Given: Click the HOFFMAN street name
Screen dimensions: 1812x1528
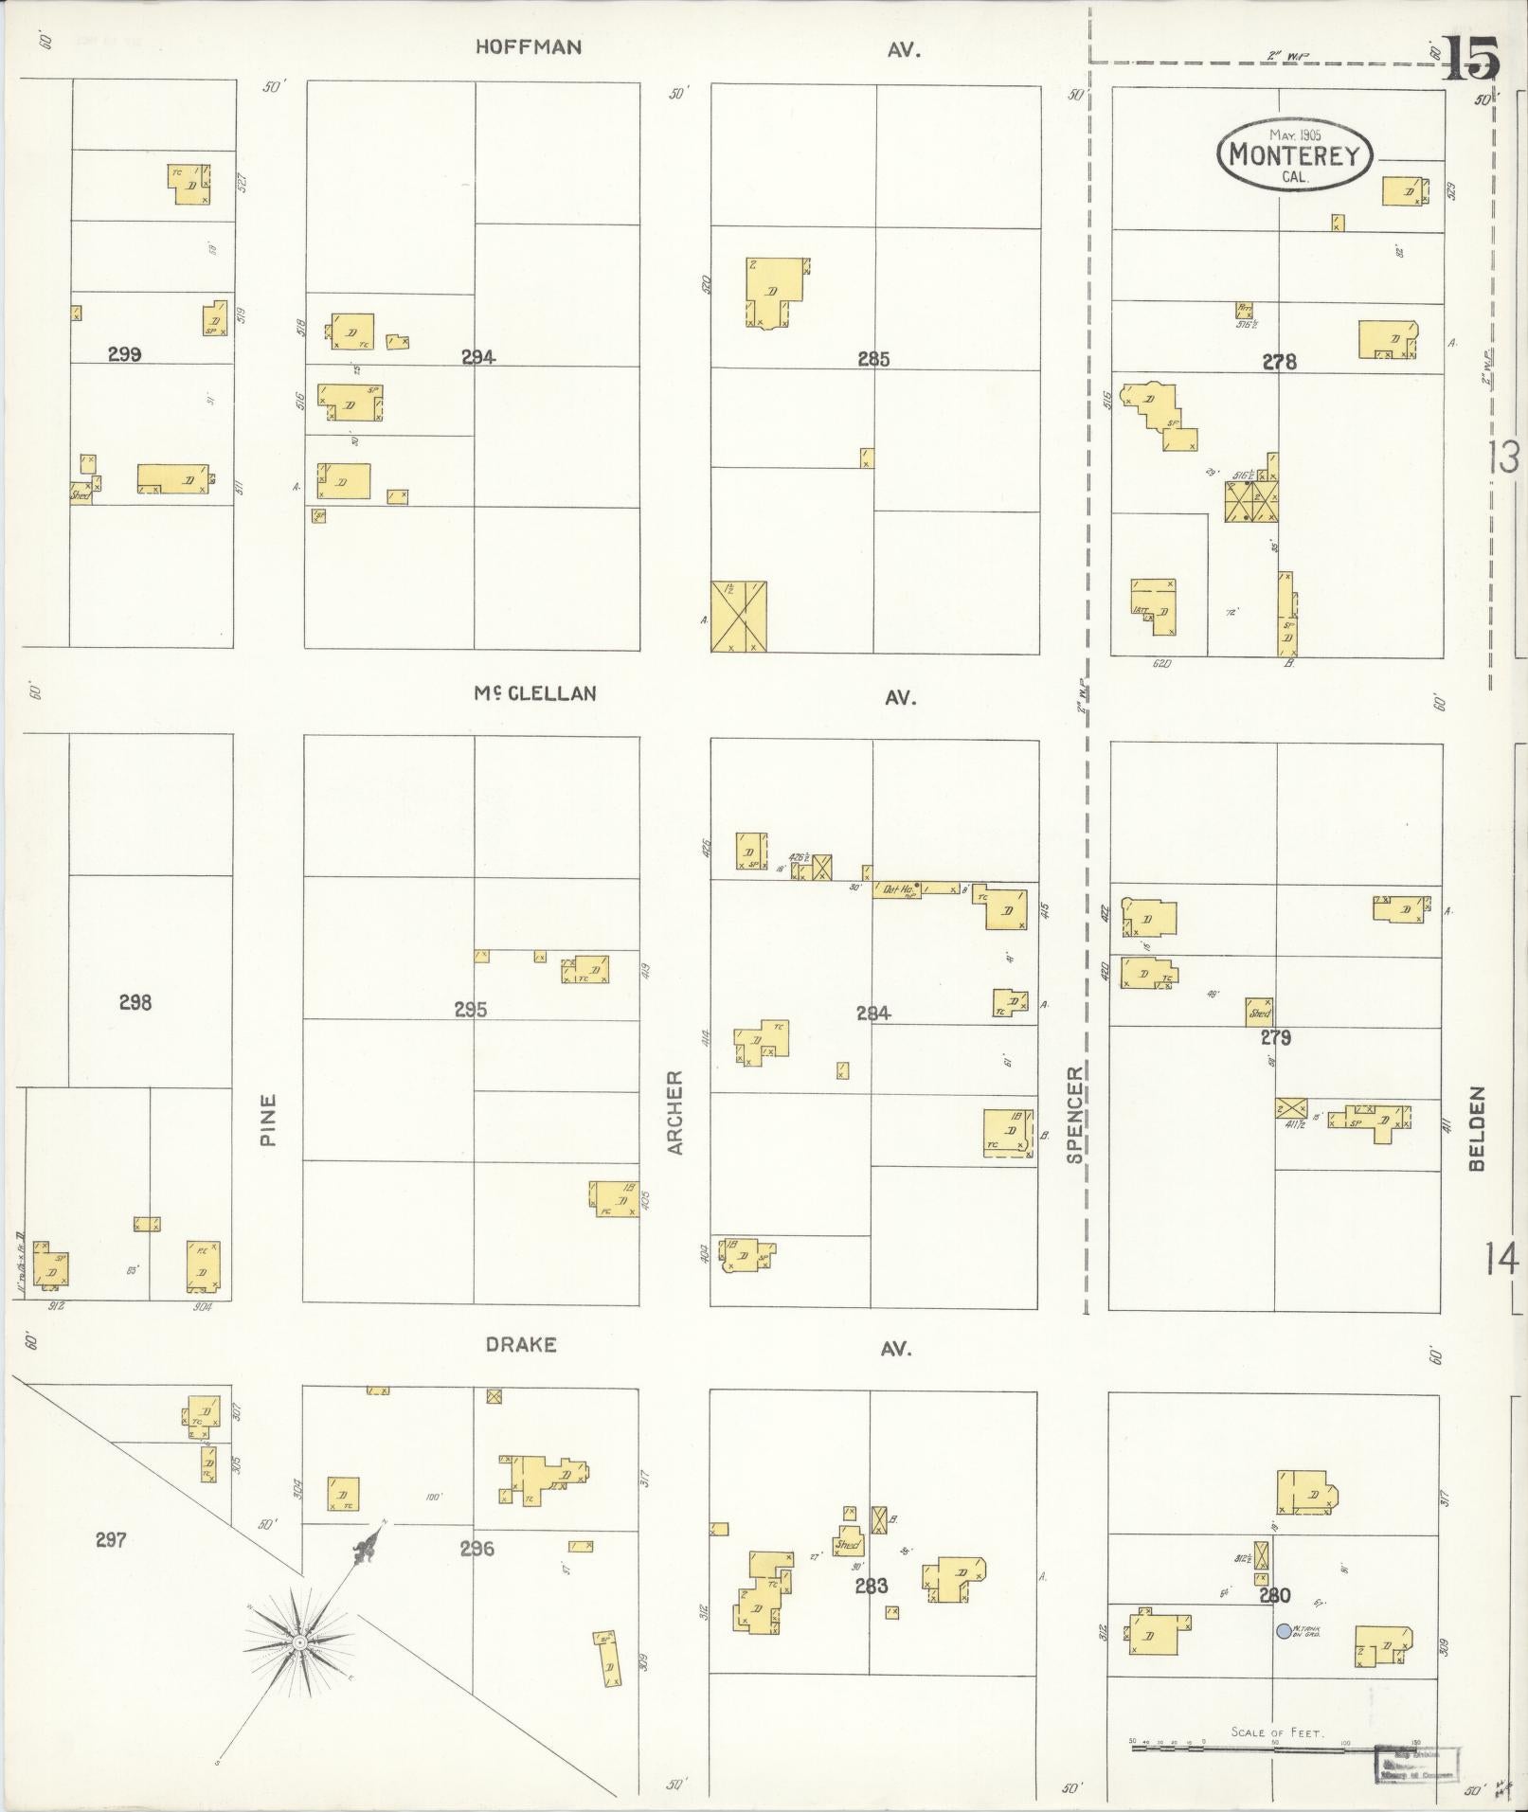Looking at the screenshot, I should click(529, 47).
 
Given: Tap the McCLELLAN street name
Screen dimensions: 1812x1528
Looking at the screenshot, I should click(535, 693).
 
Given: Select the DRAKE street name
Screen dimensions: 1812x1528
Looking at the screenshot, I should click(520, 1345).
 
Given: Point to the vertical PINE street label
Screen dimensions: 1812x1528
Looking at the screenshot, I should click(269, 1120).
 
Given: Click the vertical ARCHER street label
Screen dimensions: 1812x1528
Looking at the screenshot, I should click(675, 1112).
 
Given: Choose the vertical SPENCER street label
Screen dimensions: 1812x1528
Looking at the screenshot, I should click(1074, 1114).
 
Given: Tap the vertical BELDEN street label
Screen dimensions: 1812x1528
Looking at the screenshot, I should click(1478, 1128).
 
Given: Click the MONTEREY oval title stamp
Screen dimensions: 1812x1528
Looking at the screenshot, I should click(1294, 154).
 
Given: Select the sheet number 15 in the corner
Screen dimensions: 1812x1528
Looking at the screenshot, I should click(1470, 59).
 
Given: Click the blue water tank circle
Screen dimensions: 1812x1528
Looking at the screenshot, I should click(1284, 1631).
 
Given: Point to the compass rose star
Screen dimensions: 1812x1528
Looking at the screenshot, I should click(298, 1642).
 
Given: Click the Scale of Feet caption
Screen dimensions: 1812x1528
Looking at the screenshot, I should click(1277, 1732).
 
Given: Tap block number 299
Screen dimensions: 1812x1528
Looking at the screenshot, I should click(124, 354).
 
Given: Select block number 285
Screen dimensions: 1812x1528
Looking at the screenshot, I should click(873, 359).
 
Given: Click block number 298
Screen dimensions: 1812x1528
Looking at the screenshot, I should click(135, 1002).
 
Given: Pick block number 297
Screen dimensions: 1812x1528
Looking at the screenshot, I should click(111, 1540).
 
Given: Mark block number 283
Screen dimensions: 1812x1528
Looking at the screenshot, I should click(871, 1586).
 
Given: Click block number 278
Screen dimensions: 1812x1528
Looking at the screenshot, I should click(1279, 361).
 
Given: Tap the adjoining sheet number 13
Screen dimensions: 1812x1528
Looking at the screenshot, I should click(1503, 459).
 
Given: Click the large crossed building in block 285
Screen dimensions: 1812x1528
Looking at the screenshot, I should click(739, 617).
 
